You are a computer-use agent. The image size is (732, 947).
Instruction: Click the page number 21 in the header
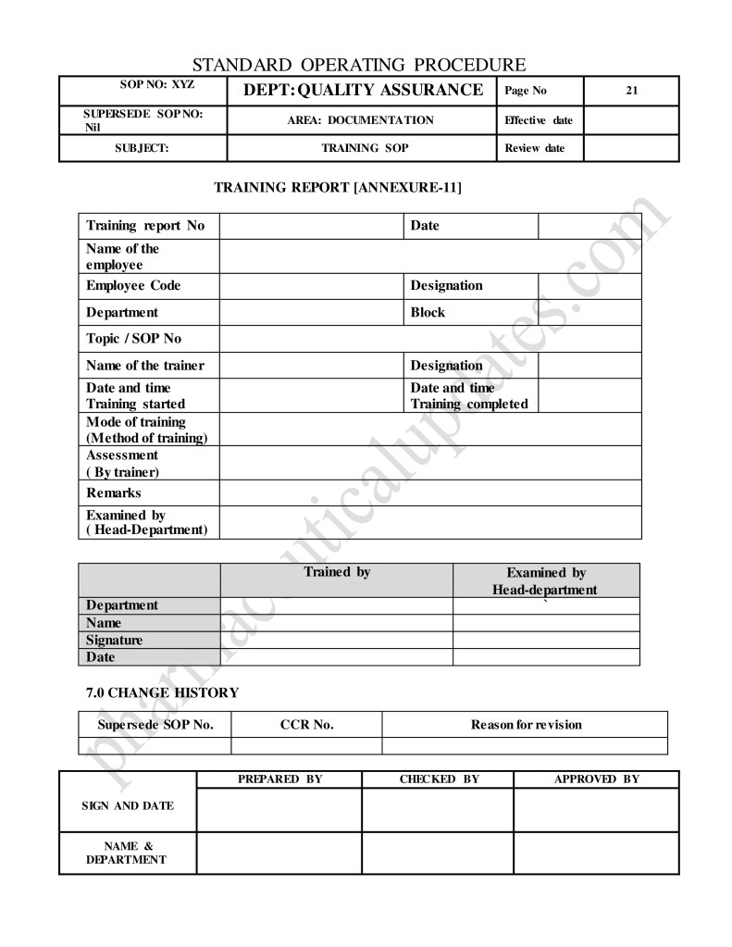pos(631,91)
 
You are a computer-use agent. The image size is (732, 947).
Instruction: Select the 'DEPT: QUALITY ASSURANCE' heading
pos(362,90)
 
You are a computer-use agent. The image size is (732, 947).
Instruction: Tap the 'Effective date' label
pos(539,120)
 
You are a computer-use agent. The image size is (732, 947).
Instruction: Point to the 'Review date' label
pos(534,148)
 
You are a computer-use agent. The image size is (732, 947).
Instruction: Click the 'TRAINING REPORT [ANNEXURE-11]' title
pos(338,188)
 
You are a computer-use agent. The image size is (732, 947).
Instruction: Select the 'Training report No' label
pos(145,226)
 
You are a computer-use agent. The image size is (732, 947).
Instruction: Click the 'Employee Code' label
pos(133,285)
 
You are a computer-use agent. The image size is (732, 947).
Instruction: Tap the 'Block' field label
pos(428,312)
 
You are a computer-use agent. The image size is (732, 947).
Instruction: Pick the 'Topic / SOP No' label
pos(133,339)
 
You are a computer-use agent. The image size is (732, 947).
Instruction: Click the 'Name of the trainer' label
pos(145,366)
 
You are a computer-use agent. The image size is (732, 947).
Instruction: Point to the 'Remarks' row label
pos(114,493)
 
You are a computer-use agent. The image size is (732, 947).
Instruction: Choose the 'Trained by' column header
pos(337,572)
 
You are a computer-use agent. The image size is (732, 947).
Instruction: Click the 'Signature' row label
pos(114,640)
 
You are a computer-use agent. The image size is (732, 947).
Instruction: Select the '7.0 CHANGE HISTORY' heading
pos(162,692)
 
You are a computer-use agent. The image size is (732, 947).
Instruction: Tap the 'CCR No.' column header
pos(306,724)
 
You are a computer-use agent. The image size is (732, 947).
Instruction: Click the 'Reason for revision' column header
pos(527,724)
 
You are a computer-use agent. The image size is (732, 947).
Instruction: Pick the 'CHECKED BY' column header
pos(439,779)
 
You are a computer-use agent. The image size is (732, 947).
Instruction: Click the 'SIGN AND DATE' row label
pos(128,805)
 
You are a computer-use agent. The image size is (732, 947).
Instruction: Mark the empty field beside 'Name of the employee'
pos(430,256)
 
